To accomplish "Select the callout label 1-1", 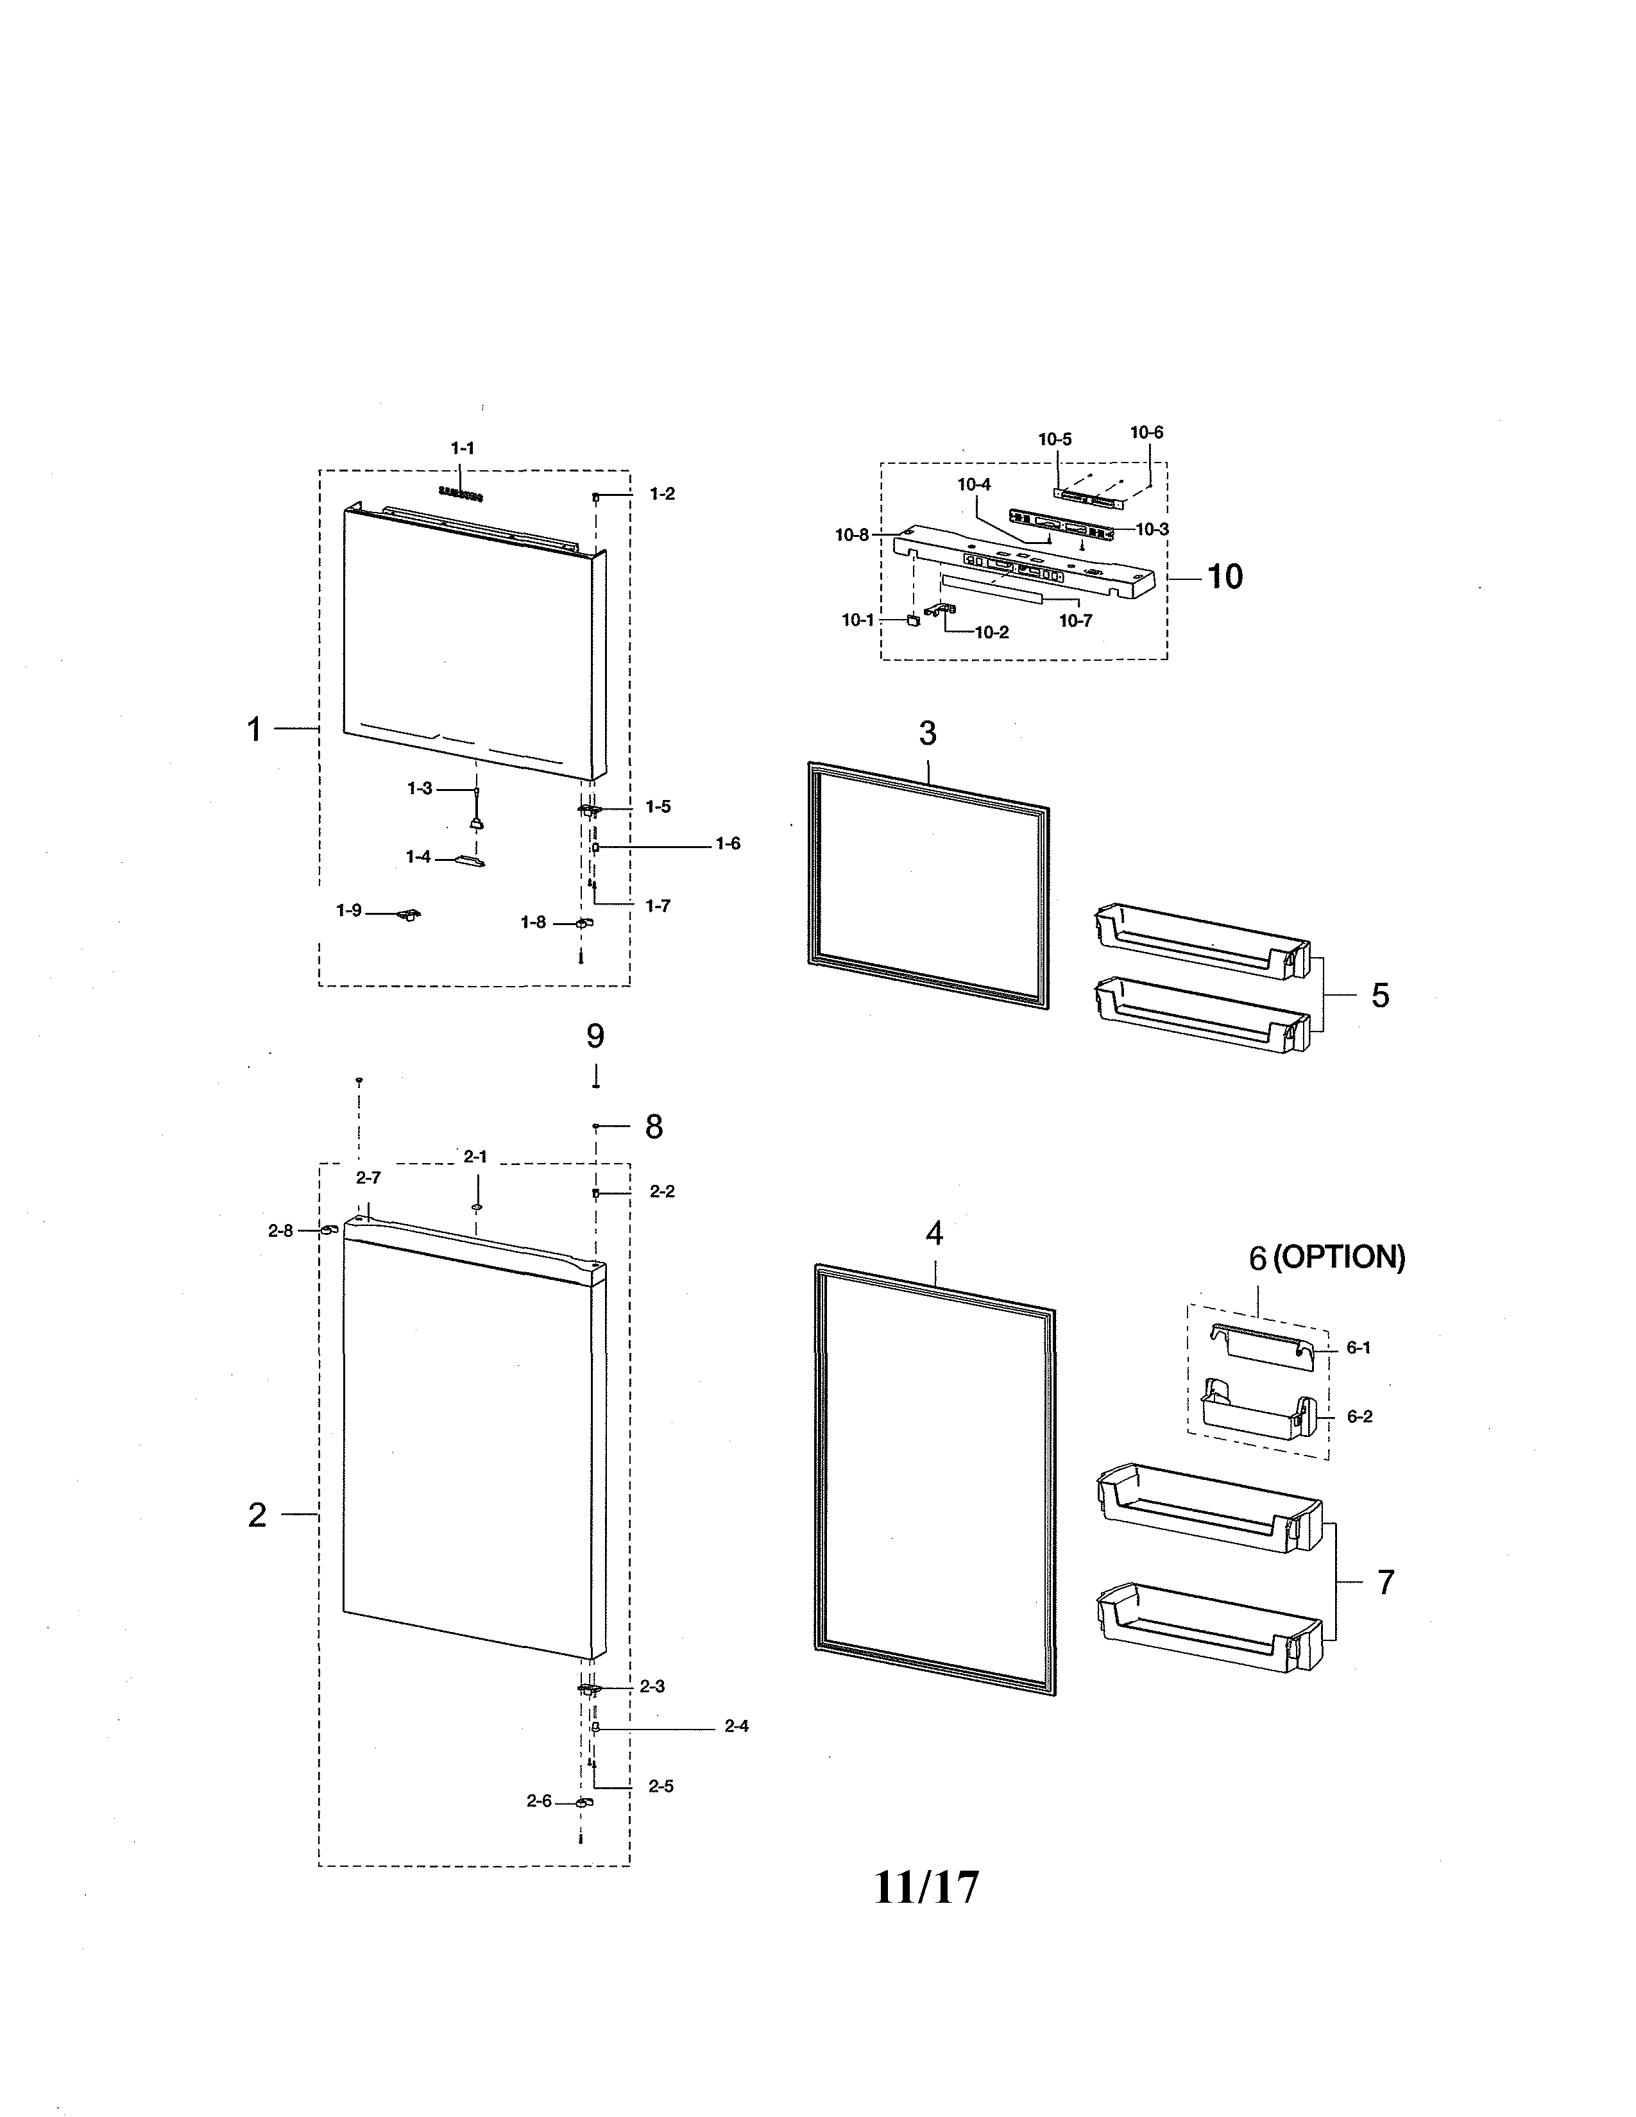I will click(463, 449).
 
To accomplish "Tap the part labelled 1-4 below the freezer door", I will click(468, 860).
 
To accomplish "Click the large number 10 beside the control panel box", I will click(1224, 577).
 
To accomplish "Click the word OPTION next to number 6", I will click(1338, 1258).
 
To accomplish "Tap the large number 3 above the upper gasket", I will click(928, 734).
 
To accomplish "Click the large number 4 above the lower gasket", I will click(933, 1234).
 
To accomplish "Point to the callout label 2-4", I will click(737, 1726).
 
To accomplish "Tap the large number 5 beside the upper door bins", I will click(1380, 996).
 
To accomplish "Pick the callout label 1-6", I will click(728, 844).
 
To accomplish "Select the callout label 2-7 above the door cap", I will click(368, 1178).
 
